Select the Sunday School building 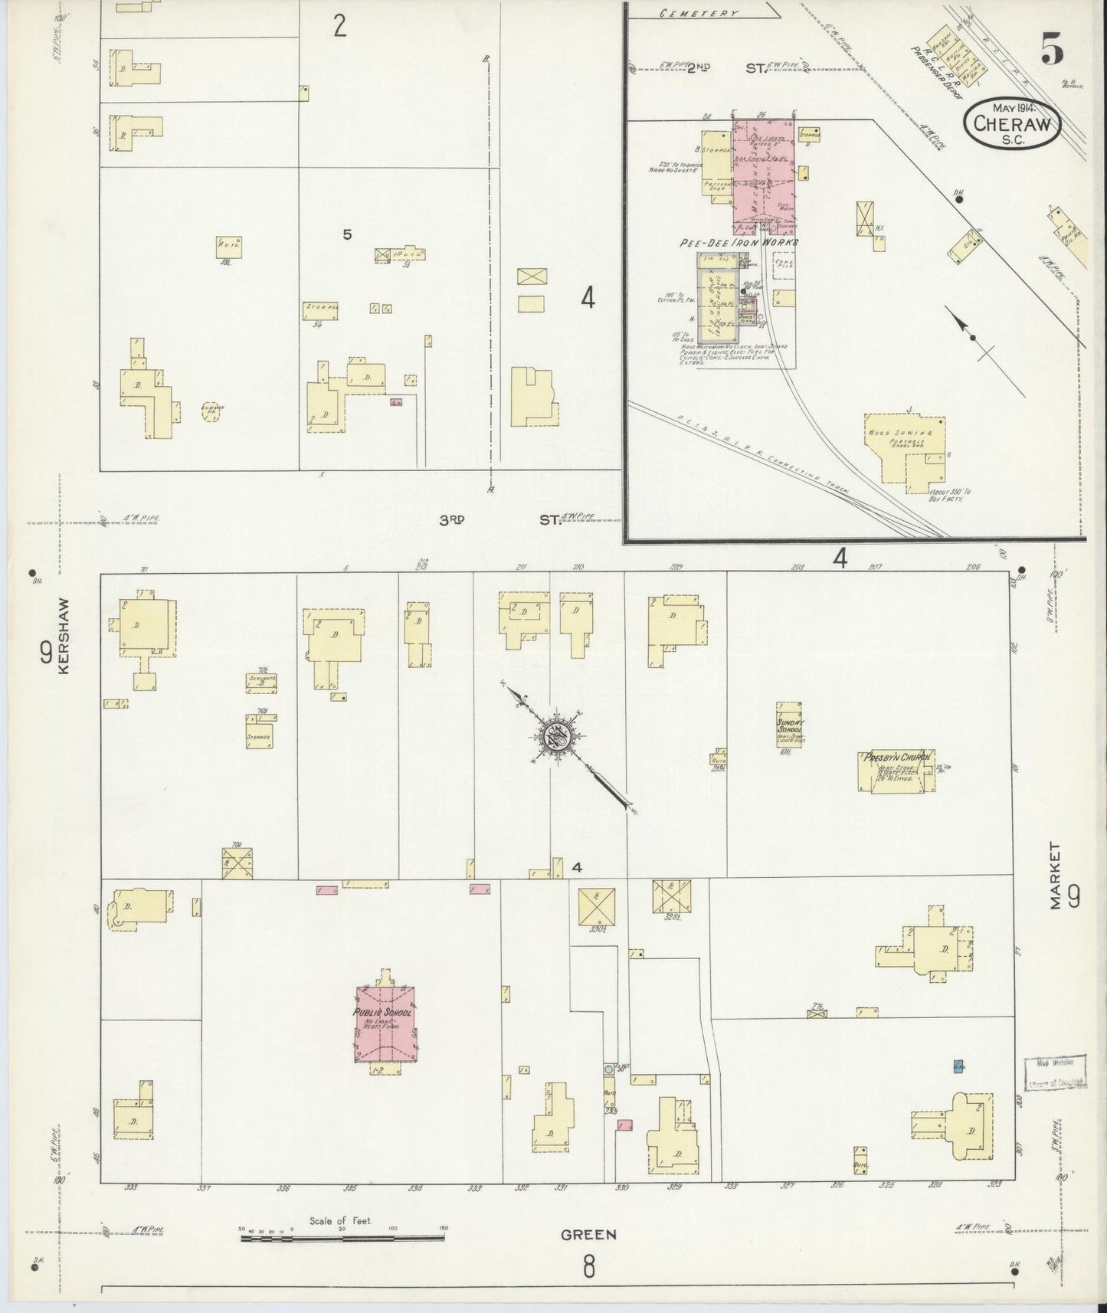click(x=789, y=723)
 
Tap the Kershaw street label click(x=64, y=635)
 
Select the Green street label click(x=588, y=1234)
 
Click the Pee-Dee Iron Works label click(x=739, y=243)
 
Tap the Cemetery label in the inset click(x=701, y=13)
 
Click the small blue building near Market click(x=958, y=1066)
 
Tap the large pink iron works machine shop click(x=763, y=176)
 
